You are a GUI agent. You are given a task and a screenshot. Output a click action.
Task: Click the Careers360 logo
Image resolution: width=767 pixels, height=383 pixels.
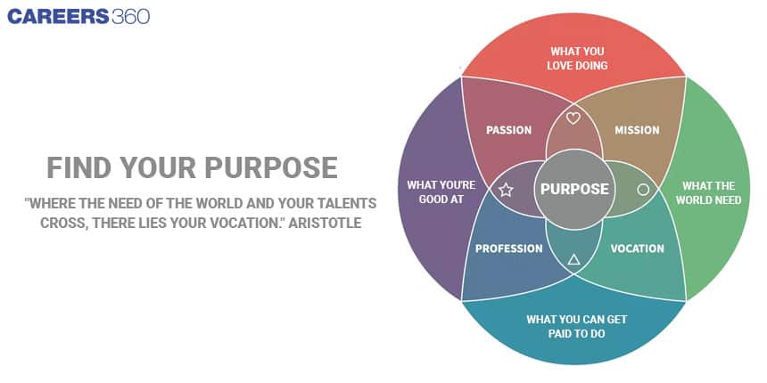[78, 17]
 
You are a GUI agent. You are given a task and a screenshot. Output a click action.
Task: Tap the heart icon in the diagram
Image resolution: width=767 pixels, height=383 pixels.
[573, 118]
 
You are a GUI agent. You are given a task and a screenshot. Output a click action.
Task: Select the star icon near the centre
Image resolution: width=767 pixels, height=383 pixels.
[506, 190]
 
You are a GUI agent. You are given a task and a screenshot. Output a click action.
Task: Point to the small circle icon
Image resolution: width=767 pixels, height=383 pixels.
[643, 190]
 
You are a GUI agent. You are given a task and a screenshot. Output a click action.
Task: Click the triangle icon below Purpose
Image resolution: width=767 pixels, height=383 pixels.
[573, 259]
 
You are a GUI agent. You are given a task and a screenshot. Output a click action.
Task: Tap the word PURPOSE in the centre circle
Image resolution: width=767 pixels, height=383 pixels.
[574, 189]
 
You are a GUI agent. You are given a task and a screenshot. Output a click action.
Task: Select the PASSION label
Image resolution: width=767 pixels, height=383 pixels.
[508, 130]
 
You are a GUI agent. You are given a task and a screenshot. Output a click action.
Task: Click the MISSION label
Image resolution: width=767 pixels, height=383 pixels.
[637, 130]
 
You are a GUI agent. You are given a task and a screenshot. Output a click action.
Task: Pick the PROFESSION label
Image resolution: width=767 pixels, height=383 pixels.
[508, 249]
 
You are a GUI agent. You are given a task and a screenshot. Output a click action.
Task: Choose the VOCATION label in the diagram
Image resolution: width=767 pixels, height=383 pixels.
[637, 249]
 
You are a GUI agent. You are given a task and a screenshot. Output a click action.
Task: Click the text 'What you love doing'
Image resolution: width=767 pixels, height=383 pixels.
[577, 58]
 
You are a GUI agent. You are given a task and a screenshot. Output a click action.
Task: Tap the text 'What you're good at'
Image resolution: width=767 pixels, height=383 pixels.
[441, 192]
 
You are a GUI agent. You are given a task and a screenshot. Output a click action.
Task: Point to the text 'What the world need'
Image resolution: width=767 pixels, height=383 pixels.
[708, 193]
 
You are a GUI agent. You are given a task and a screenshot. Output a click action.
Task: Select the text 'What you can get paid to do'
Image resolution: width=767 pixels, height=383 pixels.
[577, 326]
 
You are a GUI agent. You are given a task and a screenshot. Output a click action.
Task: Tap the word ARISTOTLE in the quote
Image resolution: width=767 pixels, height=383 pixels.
[325, 223]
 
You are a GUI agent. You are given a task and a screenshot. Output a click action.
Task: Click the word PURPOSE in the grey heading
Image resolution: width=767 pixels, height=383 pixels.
[271, 167]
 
